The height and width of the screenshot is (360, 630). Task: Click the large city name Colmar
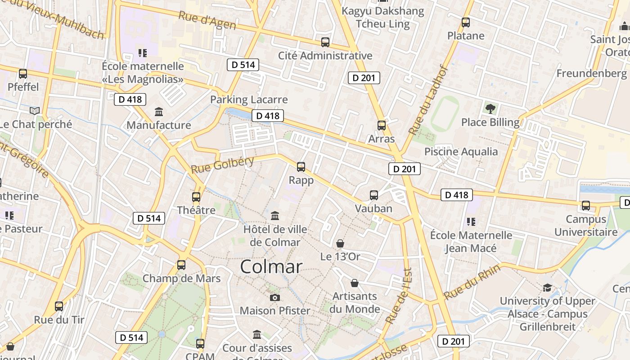[271, 266]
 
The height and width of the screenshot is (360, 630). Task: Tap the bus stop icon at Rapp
[301, 167]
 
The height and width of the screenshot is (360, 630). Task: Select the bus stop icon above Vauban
[374, 195]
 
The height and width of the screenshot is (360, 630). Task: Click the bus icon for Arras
[382, 126]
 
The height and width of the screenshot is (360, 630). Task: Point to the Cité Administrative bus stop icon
[325, 42]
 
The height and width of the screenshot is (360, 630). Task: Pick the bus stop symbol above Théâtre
[196, 197]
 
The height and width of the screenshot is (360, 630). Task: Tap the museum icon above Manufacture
[159, 111]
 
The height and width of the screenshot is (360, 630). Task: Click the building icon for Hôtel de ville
[275, 216]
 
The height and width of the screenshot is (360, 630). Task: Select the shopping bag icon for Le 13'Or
[340, 243]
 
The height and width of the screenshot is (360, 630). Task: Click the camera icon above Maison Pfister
[275, 297]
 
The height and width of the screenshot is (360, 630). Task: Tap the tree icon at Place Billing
[490, 108]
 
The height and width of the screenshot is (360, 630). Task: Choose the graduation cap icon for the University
[547, 288]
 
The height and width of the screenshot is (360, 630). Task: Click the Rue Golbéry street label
[222, 165]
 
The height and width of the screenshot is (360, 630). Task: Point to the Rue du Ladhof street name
[428, 100]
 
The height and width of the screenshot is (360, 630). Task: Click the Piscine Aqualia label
[461, 152]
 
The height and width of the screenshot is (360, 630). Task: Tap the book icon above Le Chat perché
[35, 111]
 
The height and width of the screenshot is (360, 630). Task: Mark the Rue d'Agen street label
[207, 20]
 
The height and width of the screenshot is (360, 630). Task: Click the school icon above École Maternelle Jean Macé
[471, 221]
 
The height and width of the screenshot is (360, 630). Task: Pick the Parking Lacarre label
[249, 99]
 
